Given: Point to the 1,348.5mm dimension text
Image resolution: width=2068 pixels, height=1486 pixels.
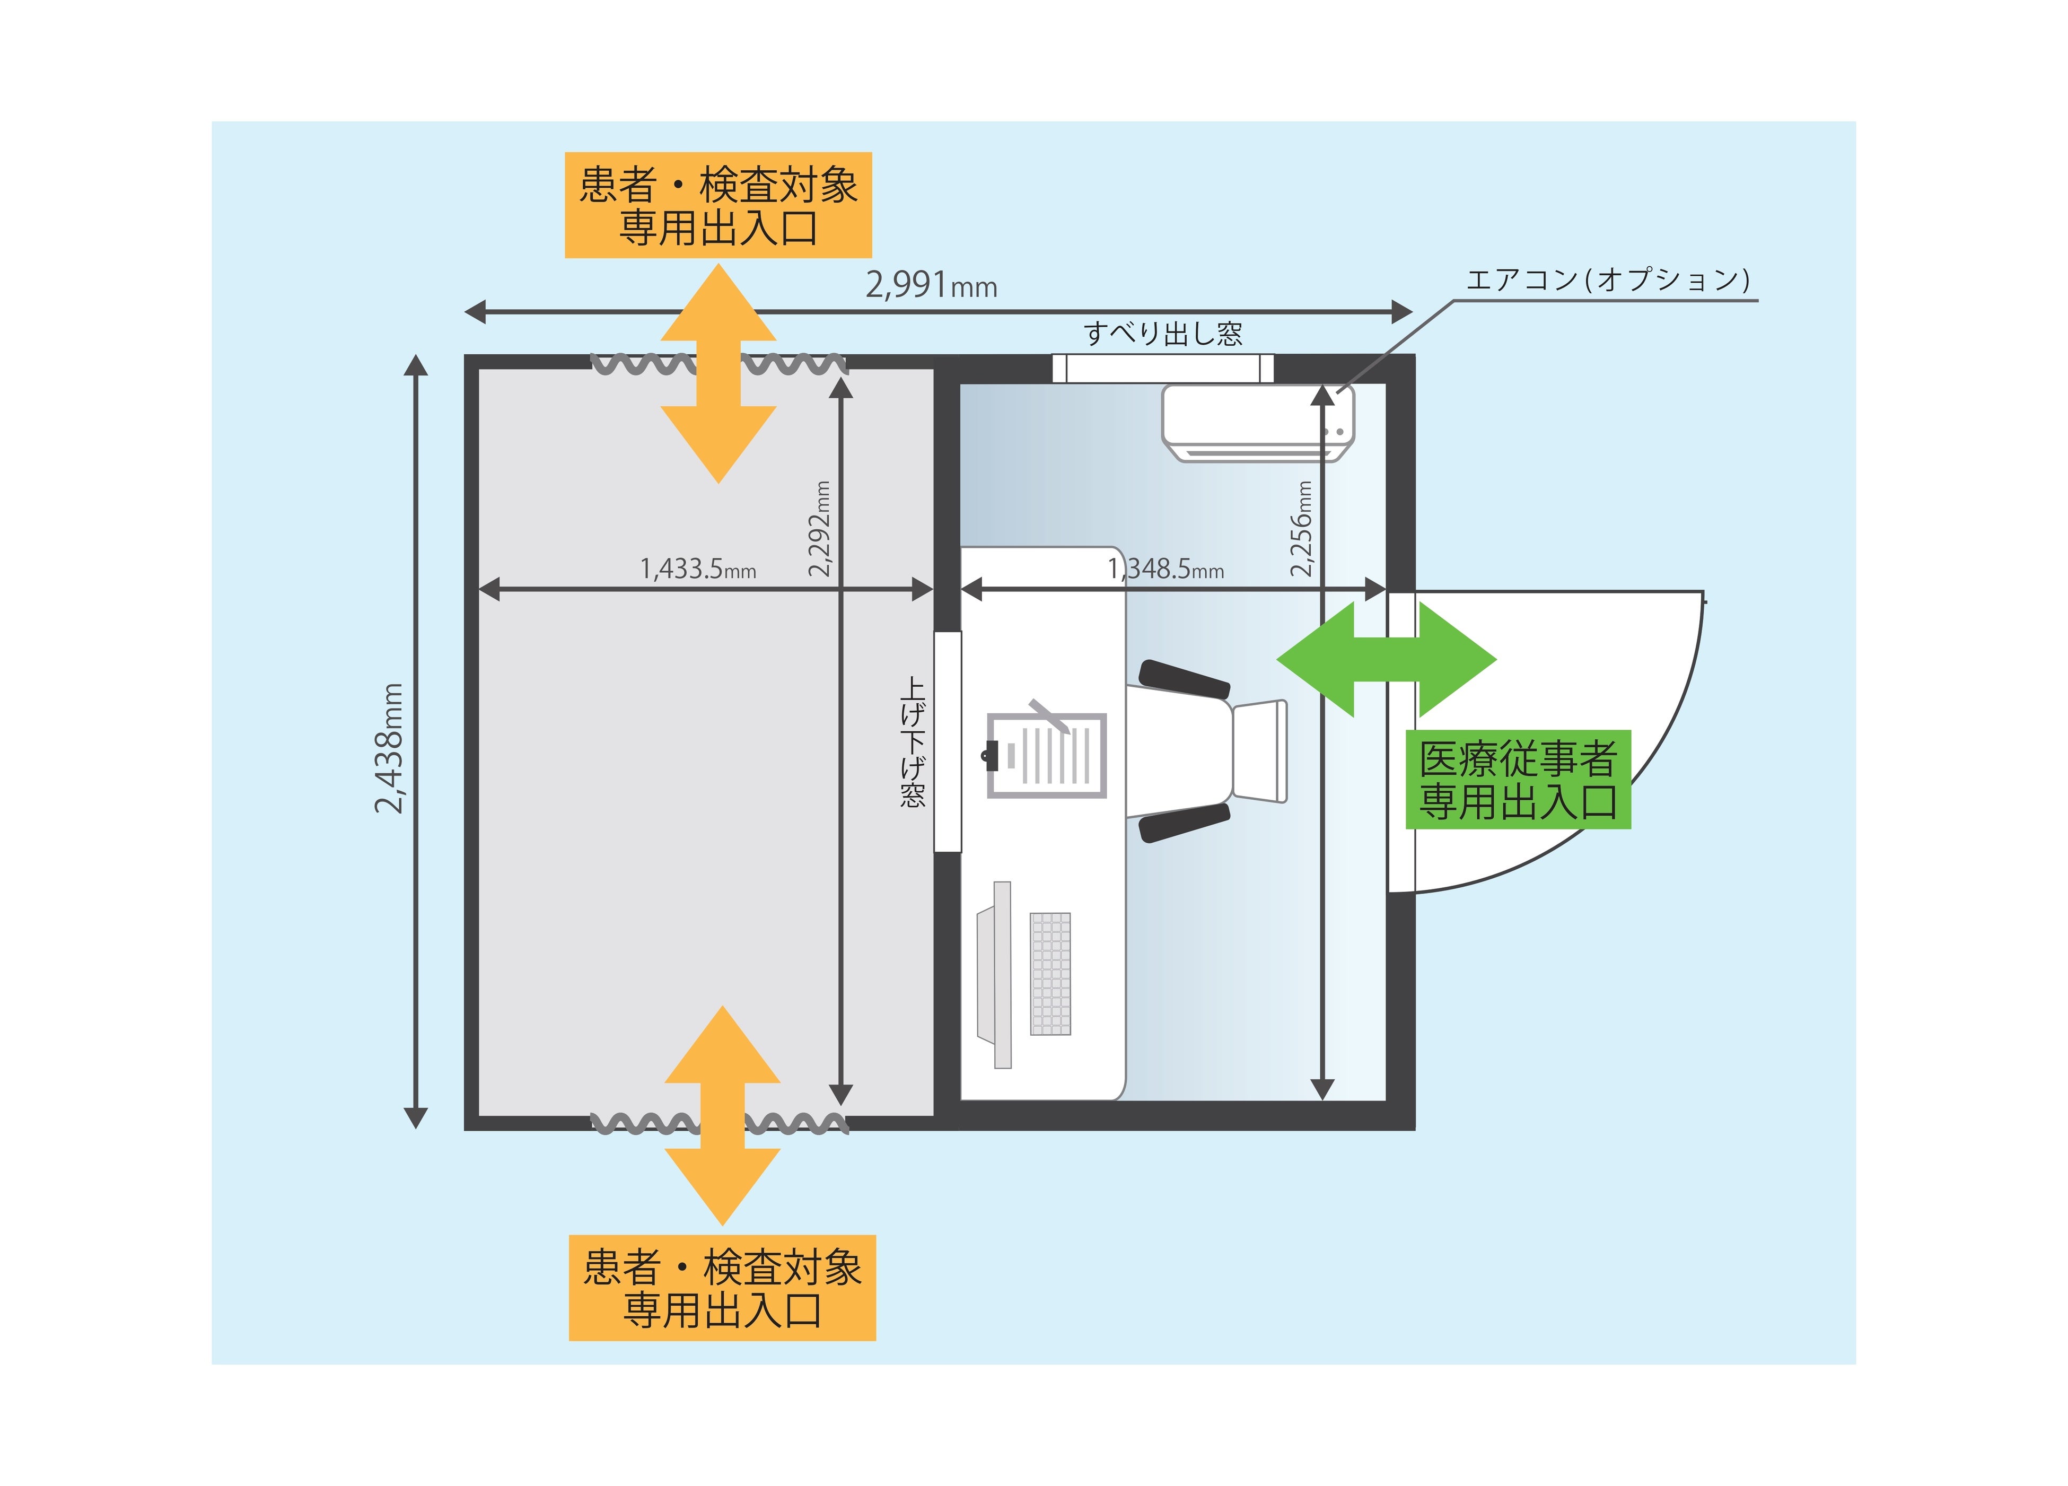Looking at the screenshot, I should click(x=1166, y=569).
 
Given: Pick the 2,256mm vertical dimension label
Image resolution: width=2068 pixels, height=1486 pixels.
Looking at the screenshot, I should click(x=1302, y=529).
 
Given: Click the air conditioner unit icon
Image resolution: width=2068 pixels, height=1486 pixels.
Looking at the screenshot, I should click(x=1257, y=422).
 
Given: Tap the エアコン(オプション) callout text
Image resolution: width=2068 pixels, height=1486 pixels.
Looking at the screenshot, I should click(x=1608, y=279).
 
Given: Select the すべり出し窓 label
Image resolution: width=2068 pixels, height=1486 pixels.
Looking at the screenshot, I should click(x=1162, y=334).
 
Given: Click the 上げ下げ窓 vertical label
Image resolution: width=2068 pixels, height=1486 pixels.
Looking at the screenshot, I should click(x=913, y=741).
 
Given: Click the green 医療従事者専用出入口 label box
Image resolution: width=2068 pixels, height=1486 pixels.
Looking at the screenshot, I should click(x=1517, y=780).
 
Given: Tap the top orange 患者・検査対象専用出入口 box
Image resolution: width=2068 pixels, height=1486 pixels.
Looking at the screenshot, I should click(x=718, y=205).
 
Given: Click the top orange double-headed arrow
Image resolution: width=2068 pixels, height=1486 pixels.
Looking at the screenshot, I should click(x=718, y=373).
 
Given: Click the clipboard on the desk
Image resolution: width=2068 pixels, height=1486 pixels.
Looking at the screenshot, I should click(x=1047, y=755).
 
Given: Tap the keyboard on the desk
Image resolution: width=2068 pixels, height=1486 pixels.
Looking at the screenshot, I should click(x=1050, y=973).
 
